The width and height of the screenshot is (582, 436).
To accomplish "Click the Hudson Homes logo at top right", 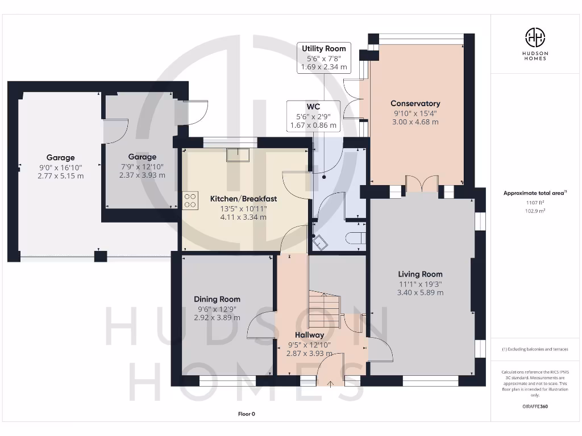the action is tap(535, 44).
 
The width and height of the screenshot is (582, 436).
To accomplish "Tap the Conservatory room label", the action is tap(415, 103).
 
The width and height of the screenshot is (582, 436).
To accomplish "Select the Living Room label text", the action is tap(420, 274).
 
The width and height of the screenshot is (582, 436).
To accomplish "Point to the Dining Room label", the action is tap(217, 299).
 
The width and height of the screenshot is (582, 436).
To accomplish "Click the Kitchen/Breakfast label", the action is tap(243, 199).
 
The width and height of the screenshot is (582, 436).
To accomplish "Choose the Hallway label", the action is tap(310, 335).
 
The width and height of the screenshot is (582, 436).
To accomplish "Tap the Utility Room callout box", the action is tap(323, 57).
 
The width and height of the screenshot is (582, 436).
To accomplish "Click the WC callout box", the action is tap(313, 116).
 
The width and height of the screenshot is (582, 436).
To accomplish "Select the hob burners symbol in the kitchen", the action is tap(190, 200).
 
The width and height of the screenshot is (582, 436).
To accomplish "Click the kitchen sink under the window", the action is tap(238, 154).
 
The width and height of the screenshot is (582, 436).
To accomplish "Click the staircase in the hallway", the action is tap(325, 311).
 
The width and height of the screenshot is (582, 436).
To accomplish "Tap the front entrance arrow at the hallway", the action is tap(330, 384).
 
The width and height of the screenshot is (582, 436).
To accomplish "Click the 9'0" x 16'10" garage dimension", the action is tap(60, 167).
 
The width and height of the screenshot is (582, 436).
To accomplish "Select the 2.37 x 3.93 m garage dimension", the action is tap(142, 175).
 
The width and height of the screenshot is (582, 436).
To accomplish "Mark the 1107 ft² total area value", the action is tap(535, 203).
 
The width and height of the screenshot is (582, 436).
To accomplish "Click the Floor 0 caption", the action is tap(247, 414).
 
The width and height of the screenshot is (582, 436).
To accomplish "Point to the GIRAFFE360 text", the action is tap(535, 406).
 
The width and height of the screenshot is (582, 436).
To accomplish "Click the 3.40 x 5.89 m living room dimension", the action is tap(420, 292).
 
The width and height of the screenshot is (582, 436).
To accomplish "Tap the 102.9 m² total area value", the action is tap(535, 211).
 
